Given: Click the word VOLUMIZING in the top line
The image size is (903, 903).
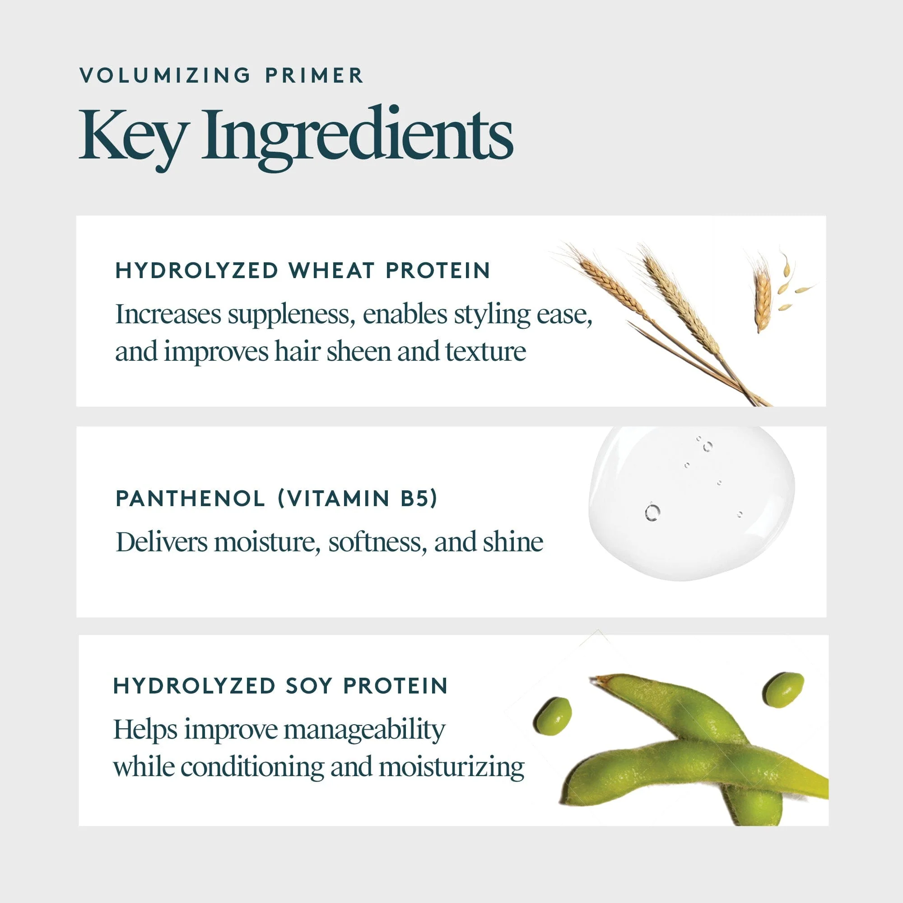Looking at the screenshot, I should point(165,76).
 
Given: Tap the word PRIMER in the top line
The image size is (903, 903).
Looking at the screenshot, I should point(314,76).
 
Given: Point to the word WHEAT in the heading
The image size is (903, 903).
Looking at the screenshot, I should point(331,270).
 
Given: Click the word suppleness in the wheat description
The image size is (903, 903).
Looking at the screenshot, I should point(289,315).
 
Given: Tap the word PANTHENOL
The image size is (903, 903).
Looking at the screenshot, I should point(190,499).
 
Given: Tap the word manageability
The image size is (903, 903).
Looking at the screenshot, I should point(364,730).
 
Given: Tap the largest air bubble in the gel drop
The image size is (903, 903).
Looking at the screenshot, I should point(652,512).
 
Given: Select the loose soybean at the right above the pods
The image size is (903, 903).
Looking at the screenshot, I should point(783,689).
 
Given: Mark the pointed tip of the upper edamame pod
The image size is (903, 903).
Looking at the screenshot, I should point(593,679).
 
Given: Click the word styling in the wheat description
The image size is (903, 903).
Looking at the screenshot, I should point(492,315).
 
